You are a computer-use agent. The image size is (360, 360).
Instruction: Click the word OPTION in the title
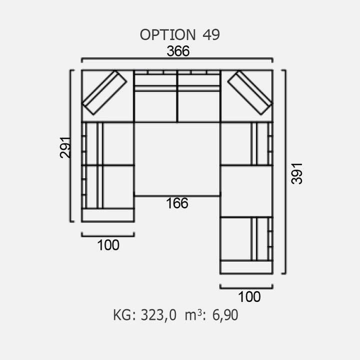(167, 34)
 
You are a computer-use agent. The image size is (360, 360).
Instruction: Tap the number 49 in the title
(211, 34)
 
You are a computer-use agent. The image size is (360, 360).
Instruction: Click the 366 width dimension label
(178, 51)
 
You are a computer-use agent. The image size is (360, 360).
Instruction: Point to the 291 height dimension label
(65, 147)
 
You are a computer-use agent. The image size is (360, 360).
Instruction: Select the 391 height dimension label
(296, 173)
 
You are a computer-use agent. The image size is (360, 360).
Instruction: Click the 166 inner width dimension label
(177, 203)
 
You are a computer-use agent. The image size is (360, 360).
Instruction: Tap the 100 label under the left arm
(108, 245)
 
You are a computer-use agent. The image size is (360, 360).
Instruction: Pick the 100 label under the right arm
(249, 296)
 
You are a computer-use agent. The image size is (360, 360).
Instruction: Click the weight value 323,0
(158, 315)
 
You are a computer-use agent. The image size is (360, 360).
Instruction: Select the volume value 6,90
(225, 315)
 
